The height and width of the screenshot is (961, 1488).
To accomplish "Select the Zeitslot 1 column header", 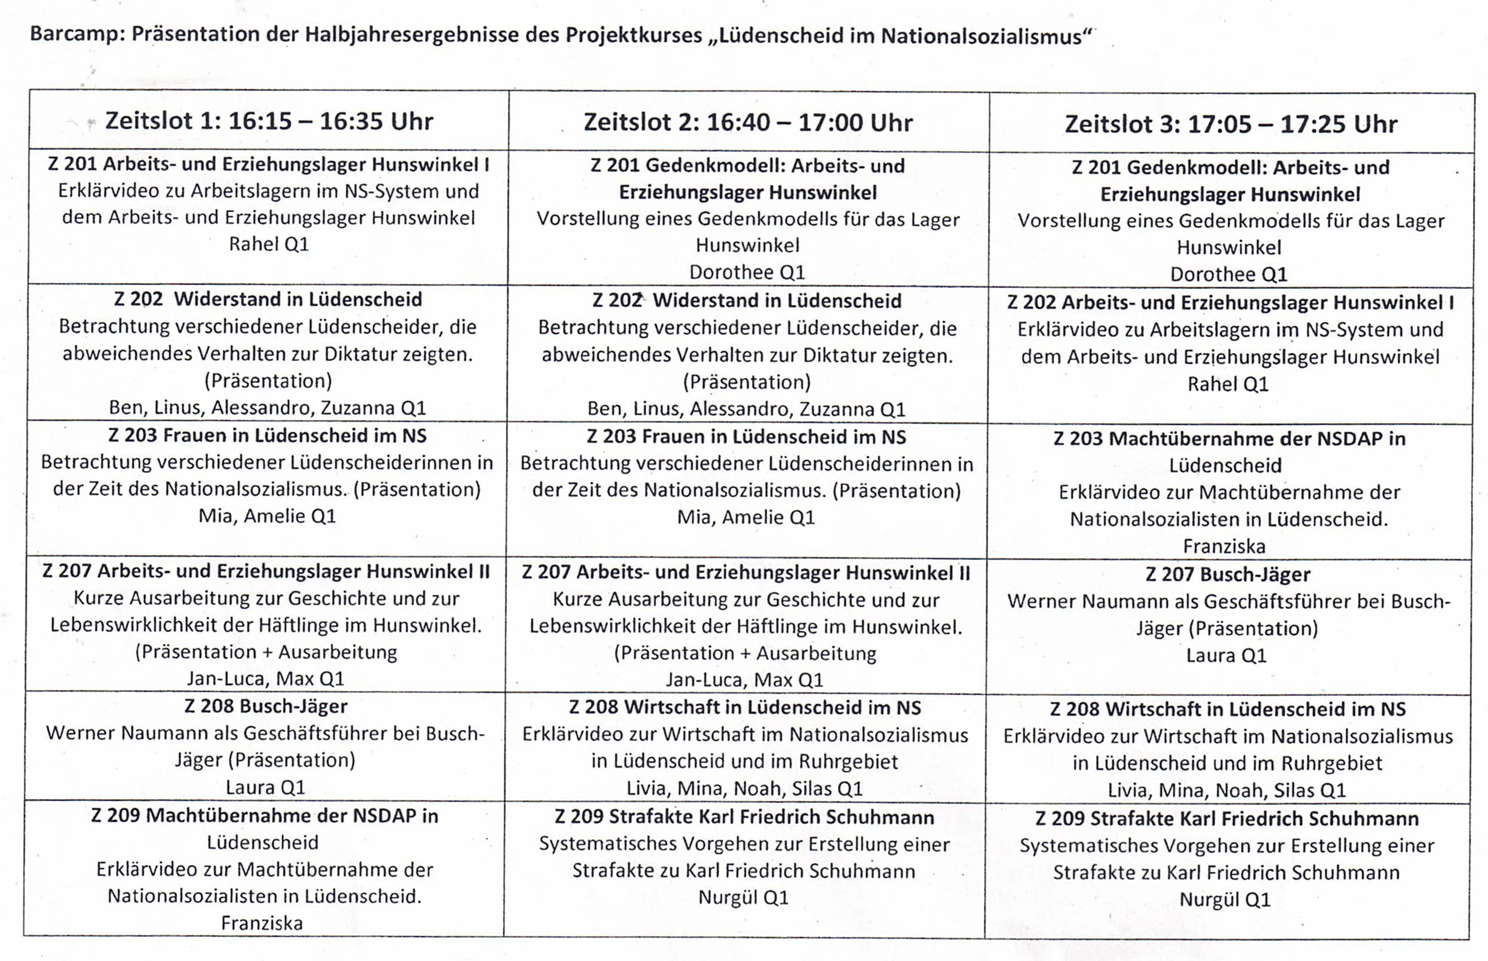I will (269, 121).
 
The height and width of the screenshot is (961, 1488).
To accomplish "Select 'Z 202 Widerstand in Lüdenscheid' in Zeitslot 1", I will (268, 300).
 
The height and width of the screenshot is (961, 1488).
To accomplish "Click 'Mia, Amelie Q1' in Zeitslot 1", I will (267, 516).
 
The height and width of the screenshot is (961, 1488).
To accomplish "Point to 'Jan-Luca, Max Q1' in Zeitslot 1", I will (265, 678).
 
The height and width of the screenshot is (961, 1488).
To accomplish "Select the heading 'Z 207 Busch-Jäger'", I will (1228, 574).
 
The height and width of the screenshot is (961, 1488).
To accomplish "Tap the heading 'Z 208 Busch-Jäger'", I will (266, 706).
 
